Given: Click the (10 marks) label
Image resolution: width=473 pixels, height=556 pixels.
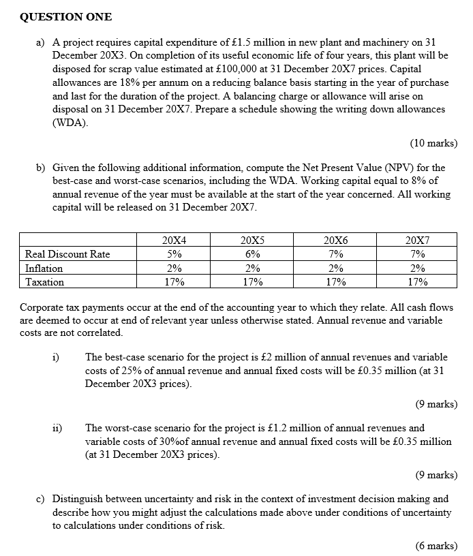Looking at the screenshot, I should click(x=433, y=143).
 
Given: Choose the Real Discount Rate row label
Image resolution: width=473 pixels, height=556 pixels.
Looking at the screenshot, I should click(x=67, y=254).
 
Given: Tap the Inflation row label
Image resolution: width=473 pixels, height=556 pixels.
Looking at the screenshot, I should click(x=44, y=268).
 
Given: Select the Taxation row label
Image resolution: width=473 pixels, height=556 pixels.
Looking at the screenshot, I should click(x=44, y=282).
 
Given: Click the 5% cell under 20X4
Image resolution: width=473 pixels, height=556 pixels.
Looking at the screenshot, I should click(x=174, y=254).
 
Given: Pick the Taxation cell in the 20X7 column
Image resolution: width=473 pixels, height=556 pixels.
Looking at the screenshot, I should click(x=417, y=282).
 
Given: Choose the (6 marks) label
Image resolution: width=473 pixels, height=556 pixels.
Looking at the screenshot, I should click(x=436, y=546).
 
